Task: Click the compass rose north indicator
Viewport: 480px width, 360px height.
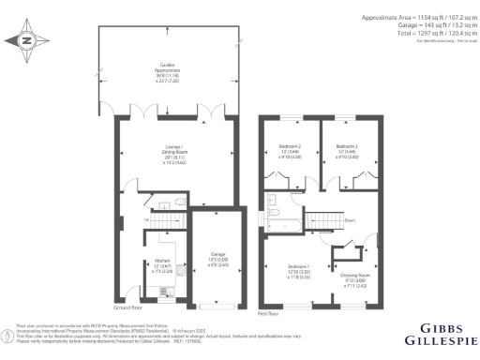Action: (25, 40)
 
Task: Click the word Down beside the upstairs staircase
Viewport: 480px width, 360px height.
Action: (350, 221)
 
